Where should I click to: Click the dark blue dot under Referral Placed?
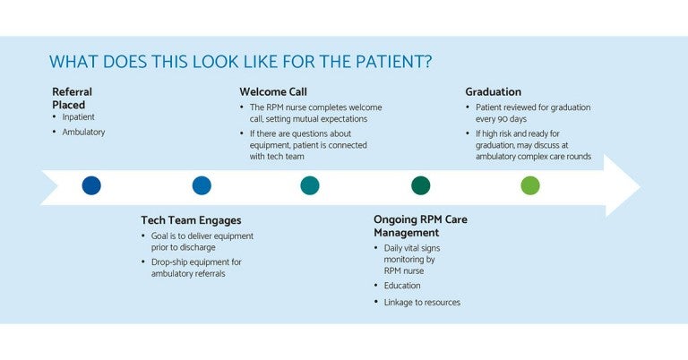click(91, 185)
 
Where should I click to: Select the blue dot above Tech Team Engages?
click(202, 185)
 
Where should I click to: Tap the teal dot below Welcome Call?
click(310, 185)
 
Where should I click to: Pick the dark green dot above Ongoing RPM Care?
click(420, 185)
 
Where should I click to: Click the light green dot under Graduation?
click(530, 185)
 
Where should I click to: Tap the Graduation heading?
click(493, 91)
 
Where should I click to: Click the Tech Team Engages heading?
click(191, 219)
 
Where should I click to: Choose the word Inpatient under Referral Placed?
click(79, 116)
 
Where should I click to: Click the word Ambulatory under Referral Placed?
click(83, 132)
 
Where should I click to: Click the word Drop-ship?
click(172, 261)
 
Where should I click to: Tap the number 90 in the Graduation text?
click(511, 118)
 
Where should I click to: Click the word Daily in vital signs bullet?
click(396, 247)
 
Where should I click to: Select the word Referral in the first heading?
click(72, 91)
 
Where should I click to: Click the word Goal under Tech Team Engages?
click(162, 236)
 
